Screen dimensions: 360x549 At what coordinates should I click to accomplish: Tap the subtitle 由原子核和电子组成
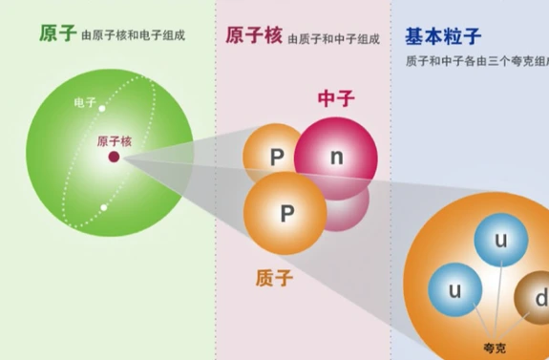(134, 36)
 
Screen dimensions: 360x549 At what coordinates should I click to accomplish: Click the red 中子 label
(334, 97)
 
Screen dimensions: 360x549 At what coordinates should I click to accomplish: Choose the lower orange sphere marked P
(285, 214)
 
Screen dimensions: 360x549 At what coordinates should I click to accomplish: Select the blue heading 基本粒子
(436, 36)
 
